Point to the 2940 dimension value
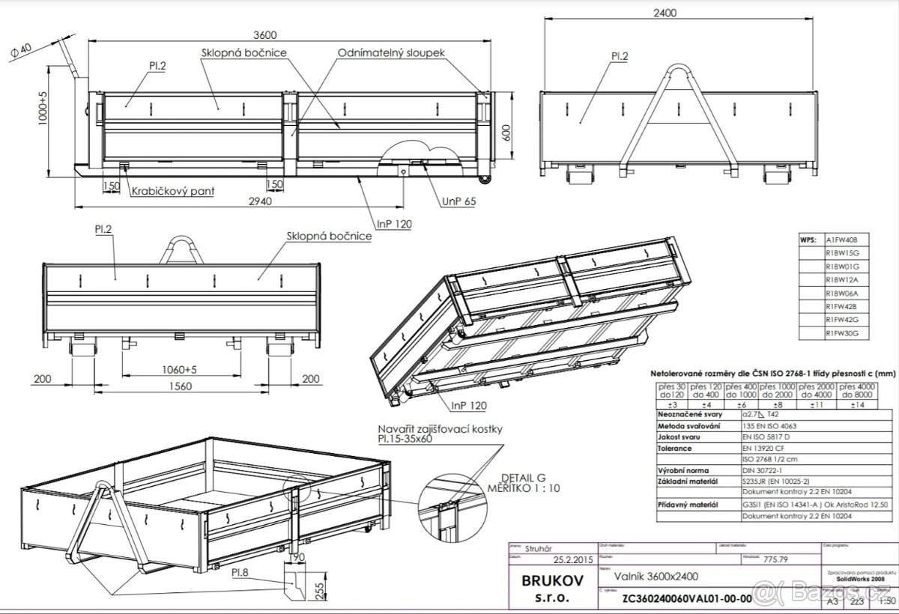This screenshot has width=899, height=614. click(260, 201)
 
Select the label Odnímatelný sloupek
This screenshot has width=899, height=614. click(392, 54)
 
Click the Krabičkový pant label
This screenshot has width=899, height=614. click(172, 191)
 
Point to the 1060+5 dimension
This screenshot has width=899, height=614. click(179, 369)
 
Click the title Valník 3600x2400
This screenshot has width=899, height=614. click(646, 577)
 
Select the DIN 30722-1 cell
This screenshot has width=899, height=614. click(761, 469)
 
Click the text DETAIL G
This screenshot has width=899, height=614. click(519, 477)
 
